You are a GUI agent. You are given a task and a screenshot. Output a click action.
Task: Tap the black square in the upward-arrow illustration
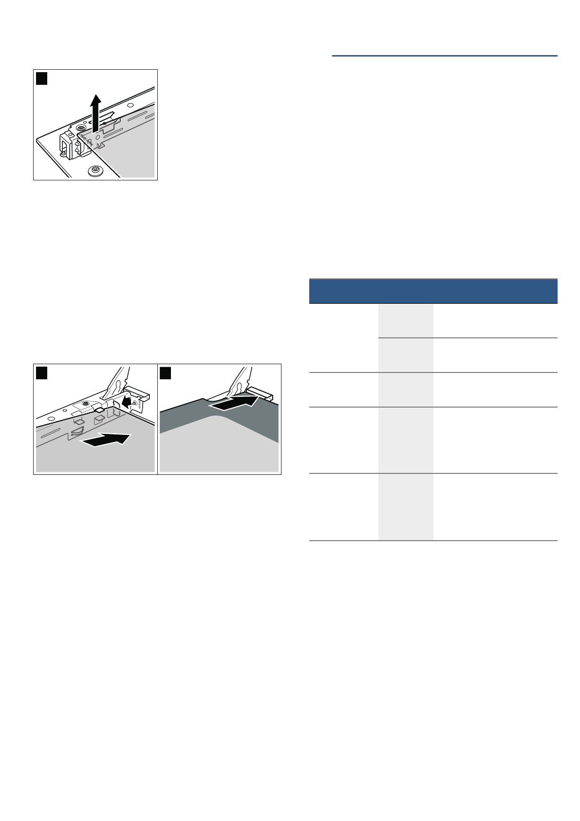[x=41, y=78]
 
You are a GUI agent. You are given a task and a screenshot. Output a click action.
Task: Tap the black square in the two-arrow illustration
[x=41, y=373]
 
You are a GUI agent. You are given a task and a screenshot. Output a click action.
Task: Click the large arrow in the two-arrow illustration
[x=106, y=440]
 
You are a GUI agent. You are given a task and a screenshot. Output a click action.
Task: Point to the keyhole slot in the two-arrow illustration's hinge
[x=116, y=385]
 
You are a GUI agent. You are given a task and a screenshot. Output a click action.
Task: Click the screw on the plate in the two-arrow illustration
[x=86, y=404]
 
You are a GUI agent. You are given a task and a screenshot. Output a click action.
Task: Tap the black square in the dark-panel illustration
[x=166, y=373]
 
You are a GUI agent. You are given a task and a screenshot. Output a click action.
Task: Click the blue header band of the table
[x=433, y=291]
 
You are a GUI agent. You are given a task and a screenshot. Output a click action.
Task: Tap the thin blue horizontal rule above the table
[x=445, y=56]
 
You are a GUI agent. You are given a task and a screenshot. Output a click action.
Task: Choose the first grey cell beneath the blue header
[x=406, y=320]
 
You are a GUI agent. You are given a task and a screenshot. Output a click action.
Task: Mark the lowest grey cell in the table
[x=406, y=507]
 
